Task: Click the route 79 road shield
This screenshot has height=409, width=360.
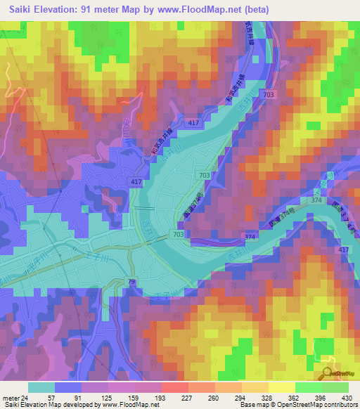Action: (131, 282)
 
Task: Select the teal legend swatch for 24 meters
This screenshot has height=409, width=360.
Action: (41, 387)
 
